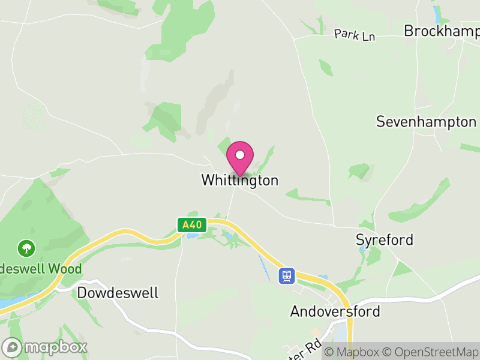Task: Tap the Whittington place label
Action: coord(240,180)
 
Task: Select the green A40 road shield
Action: coord(192,226)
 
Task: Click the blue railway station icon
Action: coord(287,275)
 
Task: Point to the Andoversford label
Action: coord(335,311)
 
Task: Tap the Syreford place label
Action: coord(385,240)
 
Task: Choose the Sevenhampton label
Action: coord(426,122)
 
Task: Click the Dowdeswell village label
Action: coord(118,293)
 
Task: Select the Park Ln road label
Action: coord(355,35)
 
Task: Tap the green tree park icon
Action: coord(26,247)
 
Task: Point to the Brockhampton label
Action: coord(442,31)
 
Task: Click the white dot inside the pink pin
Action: coord(240,155)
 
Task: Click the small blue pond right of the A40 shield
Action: coord(191,235)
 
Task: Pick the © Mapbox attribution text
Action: coord(352,352)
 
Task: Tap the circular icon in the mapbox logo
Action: coord(13,347)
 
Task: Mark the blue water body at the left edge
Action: coord(5,303)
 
